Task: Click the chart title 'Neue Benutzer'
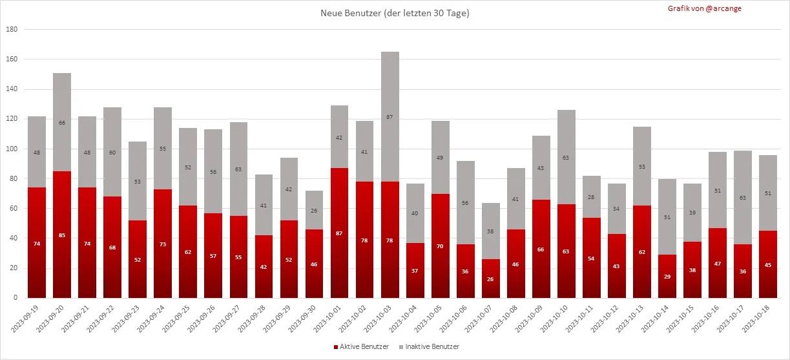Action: (x=395, y=13)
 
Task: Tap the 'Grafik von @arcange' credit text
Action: (x=705, y=8)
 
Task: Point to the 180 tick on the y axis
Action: (x=12, y=30)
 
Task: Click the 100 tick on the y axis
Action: (x=12, y=149)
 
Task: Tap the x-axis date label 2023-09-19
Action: (x=25, y=319)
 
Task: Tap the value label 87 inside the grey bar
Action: (x=390, y=117)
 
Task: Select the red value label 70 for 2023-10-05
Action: (x=441, y=246)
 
